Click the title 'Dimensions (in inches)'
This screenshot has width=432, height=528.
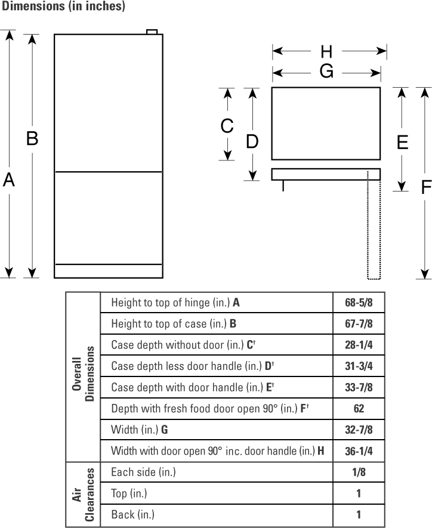point(63,7)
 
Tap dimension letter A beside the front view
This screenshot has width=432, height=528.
point(8,179)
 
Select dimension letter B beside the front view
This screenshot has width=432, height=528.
point(32,139)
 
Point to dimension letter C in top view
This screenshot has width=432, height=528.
point(227,126)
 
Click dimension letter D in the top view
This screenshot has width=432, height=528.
point(252,142)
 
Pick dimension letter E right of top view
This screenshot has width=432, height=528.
point(402,142)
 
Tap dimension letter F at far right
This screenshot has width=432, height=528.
point(425,187)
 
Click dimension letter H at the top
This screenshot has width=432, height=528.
point(326,52)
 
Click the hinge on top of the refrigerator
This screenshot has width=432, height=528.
point(152,32)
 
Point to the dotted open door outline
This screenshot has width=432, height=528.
point(374,227)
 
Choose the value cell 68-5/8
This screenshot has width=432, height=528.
point(359,302)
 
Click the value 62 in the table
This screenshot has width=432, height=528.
point(359,409)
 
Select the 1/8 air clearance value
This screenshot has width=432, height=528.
point(359,472)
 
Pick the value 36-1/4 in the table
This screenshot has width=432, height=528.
point(359,451)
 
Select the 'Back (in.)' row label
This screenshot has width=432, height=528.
point(132,514)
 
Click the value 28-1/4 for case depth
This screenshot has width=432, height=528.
point(359,345)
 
